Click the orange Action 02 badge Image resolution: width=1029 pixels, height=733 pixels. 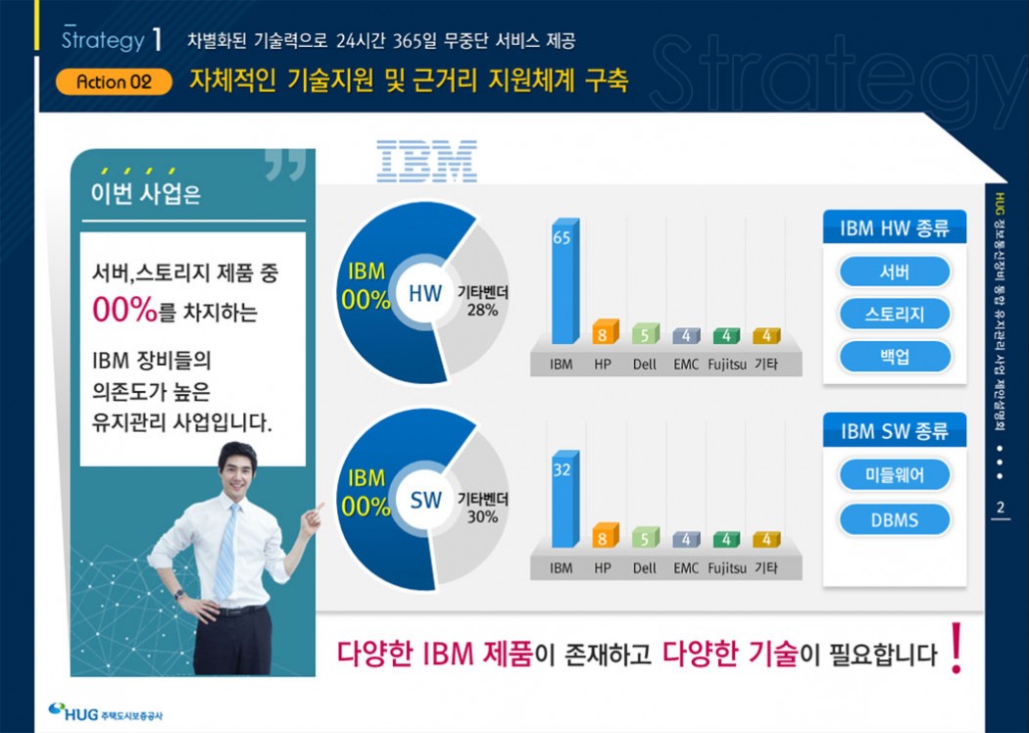pyautogui.click(x=114, y=82)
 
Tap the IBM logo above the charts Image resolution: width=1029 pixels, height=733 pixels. pyautogui.click(x=426, y=161)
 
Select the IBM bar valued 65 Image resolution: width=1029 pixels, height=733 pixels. pyautogui.click(x=565, y=281)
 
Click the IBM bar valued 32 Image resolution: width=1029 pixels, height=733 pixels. pyautogui.click(x=565, y=499)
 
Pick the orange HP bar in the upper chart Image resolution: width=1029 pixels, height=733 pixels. pyautogui.click(x=605, y=331)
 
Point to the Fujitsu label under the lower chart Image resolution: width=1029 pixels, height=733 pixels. pyautogui.click(x=726, y=567)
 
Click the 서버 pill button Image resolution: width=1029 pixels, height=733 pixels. pyautogui.click(x=895, y=271)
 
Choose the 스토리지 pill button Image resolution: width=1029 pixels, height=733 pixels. pyautogui.click(x=895, y=314)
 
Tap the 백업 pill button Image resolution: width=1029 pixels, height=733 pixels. pyautogui.click(x=895, y=357)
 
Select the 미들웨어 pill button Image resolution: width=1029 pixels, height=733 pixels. pyautogui.click(x=895, y=475)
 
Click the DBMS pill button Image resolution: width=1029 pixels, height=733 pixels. pyautogui.click(x=895, y=519)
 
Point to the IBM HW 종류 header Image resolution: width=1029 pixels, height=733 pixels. pyautogui.click(x=895, y=227)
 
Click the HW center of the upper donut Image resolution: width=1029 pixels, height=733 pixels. pyautogui.click(x=425, y=293)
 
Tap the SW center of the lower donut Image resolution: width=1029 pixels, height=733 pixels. pyautogui.click(x=425, y=500)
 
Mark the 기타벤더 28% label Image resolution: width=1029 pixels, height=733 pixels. pyautogui.click(x=482, y=301)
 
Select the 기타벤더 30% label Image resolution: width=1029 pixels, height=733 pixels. pyautogui.click(x=482, y=508)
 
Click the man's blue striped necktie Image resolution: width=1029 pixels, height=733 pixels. pyautogui.click(x=226, y=552)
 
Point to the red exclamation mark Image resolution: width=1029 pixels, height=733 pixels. pyautogui.click(x=956, y=649)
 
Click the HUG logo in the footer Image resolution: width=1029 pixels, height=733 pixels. pyautogui.click(x=105, y=712)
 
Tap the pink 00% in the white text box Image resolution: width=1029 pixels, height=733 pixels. pyautogui.click(x=124, y=310)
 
